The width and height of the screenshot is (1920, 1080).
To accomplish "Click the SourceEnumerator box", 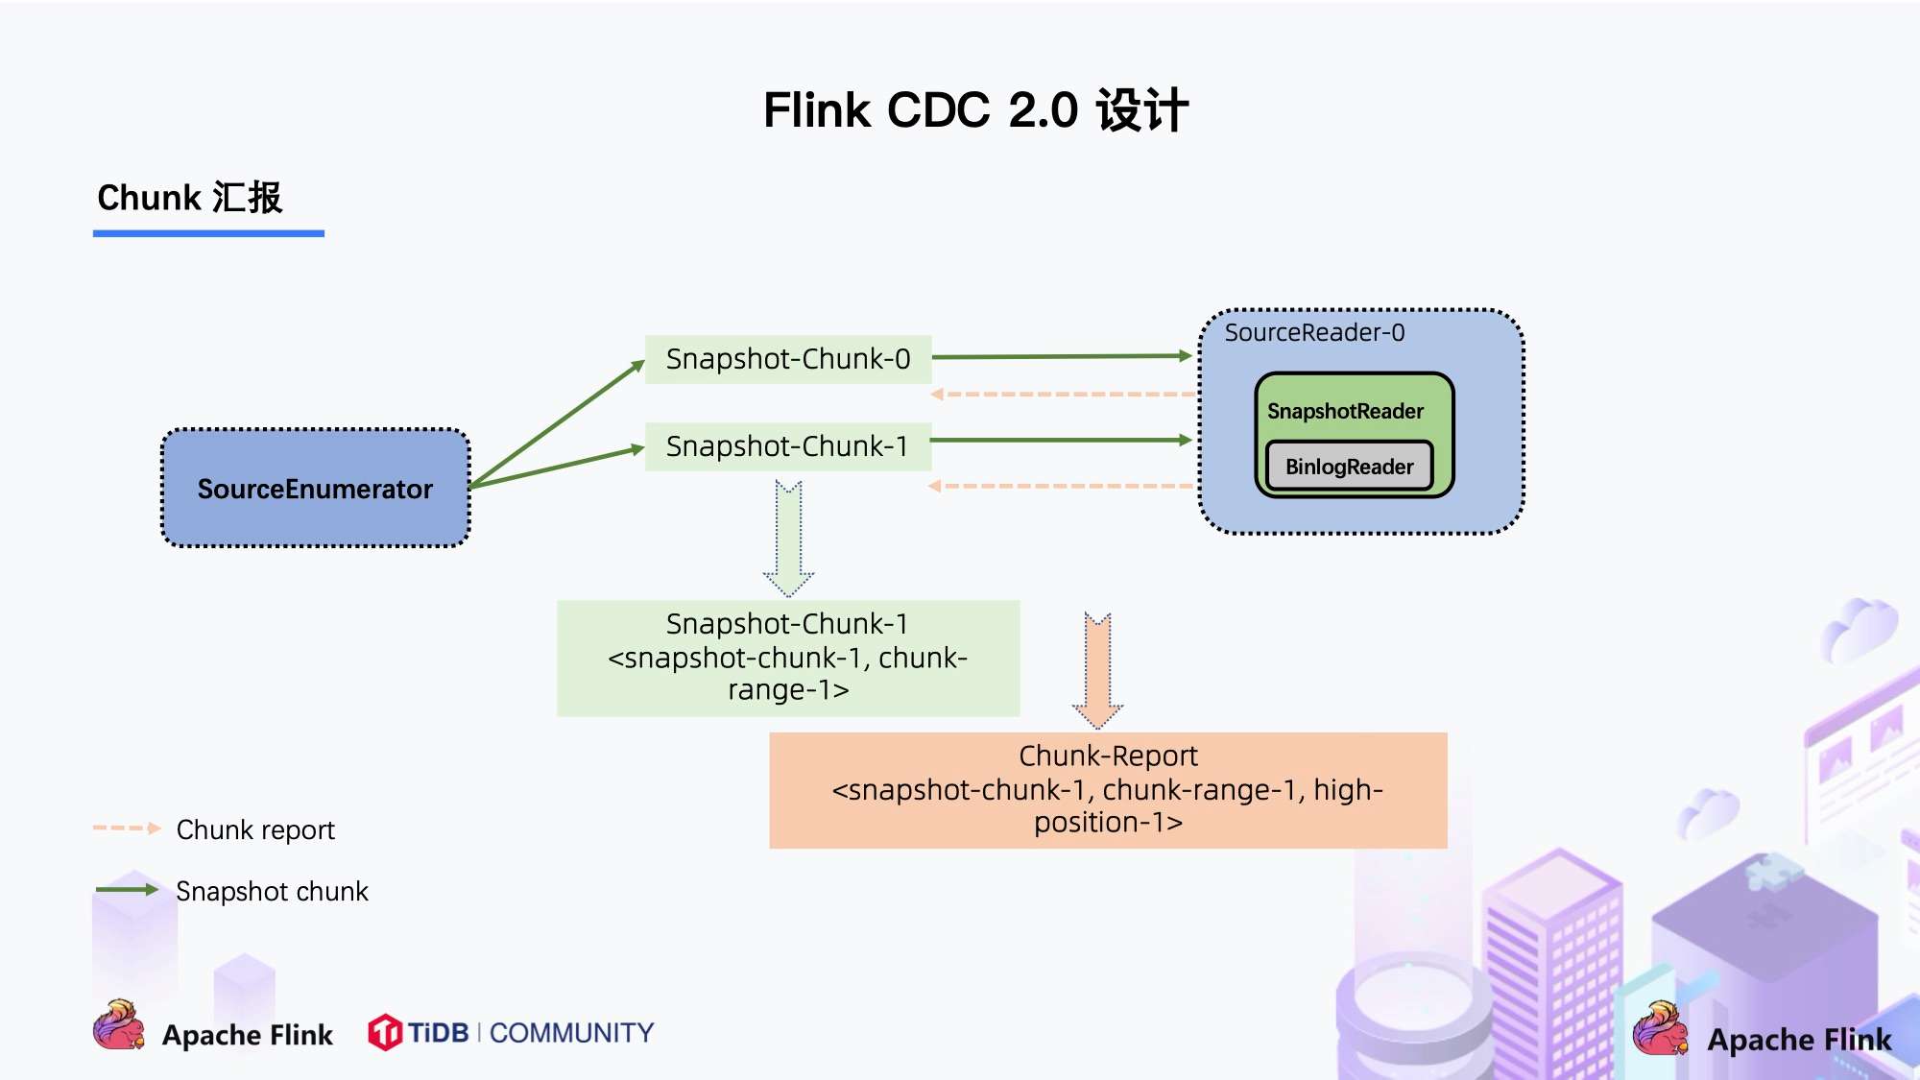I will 315,489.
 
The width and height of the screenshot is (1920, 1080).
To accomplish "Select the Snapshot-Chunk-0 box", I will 787,359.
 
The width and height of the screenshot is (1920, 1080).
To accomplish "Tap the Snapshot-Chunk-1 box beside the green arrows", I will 787,446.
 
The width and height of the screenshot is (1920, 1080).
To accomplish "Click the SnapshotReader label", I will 1345,411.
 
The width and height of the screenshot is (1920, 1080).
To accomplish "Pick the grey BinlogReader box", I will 1349,467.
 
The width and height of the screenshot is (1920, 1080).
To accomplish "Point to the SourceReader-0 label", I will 1314,333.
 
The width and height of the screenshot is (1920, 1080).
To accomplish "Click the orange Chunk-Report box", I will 1108,790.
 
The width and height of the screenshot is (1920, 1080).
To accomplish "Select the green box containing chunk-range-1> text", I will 787,658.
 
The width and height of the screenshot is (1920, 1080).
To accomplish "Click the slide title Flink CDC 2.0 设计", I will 975,110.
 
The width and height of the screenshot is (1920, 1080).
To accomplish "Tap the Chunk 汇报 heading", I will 190,198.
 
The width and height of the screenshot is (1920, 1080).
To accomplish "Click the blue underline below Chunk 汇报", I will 208,233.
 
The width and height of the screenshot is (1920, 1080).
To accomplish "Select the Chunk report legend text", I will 255,829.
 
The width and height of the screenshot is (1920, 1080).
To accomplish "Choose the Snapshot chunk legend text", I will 272,892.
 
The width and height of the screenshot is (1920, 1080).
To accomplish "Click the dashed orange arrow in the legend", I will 126,828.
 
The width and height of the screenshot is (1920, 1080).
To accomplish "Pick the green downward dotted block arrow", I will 788,538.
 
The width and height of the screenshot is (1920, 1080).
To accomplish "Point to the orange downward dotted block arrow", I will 1098,670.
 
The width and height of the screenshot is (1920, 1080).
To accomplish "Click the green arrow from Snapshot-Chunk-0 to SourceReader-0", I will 1061,356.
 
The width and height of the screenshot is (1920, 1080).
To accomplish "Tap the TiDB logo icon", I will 384,1033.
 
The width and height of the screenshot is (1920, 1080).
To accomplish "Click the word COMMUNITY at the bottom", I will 571,1033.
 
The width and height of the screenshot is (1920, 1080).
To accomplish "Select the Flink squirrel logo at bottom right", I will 1659,1029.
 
